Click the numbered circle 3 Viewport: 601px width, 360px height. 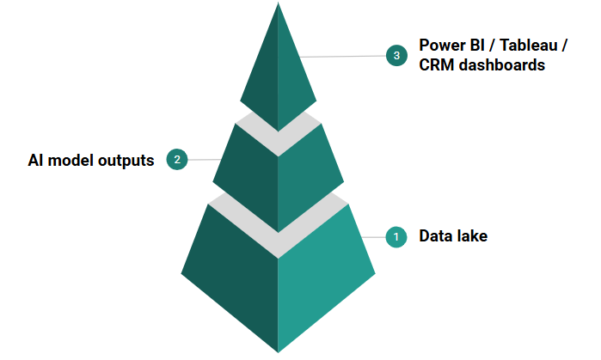click(396, 56)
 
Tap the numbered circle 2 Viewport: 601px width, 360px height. click(177, 160)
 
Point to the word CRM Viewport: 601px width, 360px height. click(437, 66)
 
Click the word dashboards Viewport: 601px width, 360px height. click(502, 66)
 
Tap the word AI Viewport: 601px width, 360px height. click(37, 161)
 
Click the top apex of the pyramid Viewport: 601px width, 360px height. click(278, 4)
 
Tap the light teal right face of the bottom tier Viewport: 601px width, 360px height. click(327, 275)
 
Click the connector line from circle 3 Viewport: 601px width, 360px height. click(344, 57)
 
